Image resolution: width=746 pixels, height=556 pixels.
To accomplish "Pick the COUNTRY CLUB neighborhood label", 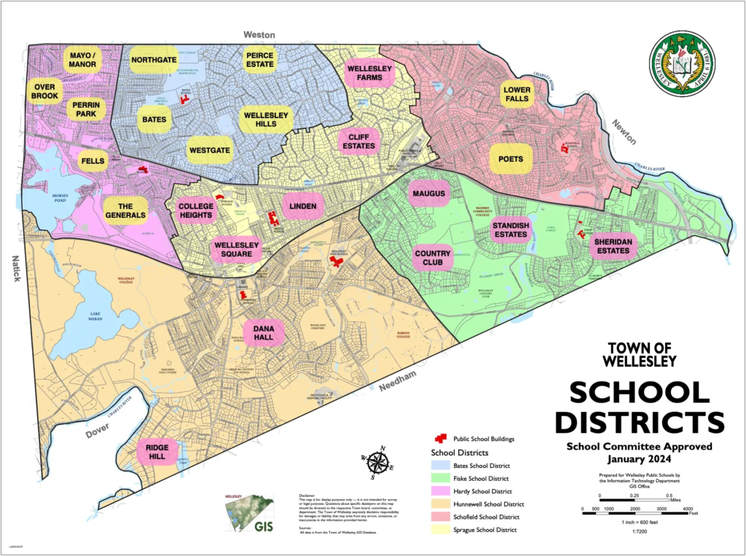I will (433, 258).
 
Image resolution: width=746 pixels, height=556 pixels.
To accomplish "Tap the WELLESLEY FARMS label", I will (369, 74).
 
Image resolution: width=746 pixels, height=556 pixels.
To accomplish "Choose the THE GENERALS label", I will (125, 211).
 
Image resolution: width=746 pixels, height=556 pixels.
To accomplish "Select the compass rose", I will (377, 463).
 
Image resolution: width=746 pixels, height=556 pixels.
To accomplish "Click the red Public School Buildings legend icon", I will (440, 439).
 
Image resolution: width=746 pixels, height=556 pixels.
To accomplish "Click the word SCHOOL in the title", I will (639, 393).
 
